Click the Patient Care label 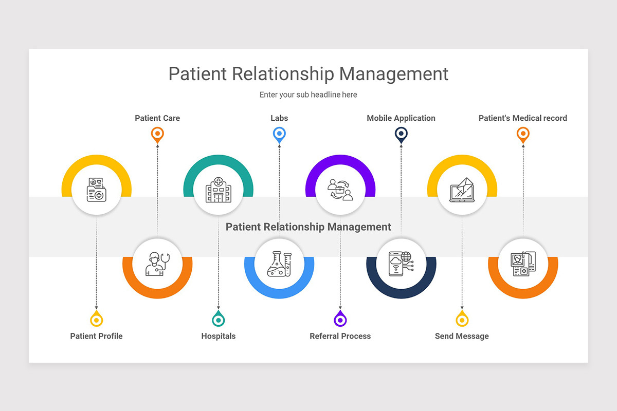[x=157, y=118]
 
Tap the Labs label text [x=279, y=118]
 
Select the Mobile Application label [x=401, y=118]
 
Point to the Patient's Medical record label [x=522, y=118]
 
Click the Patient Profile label [x=96, y=336]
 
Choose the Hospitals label [x=218, y=336]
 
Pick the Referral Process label [x=340, y=336]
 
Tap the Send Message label [x=462, y=336]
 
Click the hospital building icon [x=218, y=190]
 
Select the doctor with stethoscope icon [x=157, y=263]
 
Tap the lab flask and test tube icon [x=279, y=263]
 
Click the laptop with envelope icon [x=462, y=190]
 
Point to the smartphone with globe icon [x=401, y=263]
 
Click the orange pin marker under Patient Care [x=157, y=135]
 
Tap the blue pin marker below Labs [x=279, y=135]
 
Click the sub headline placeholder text [x=308, y=95]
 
